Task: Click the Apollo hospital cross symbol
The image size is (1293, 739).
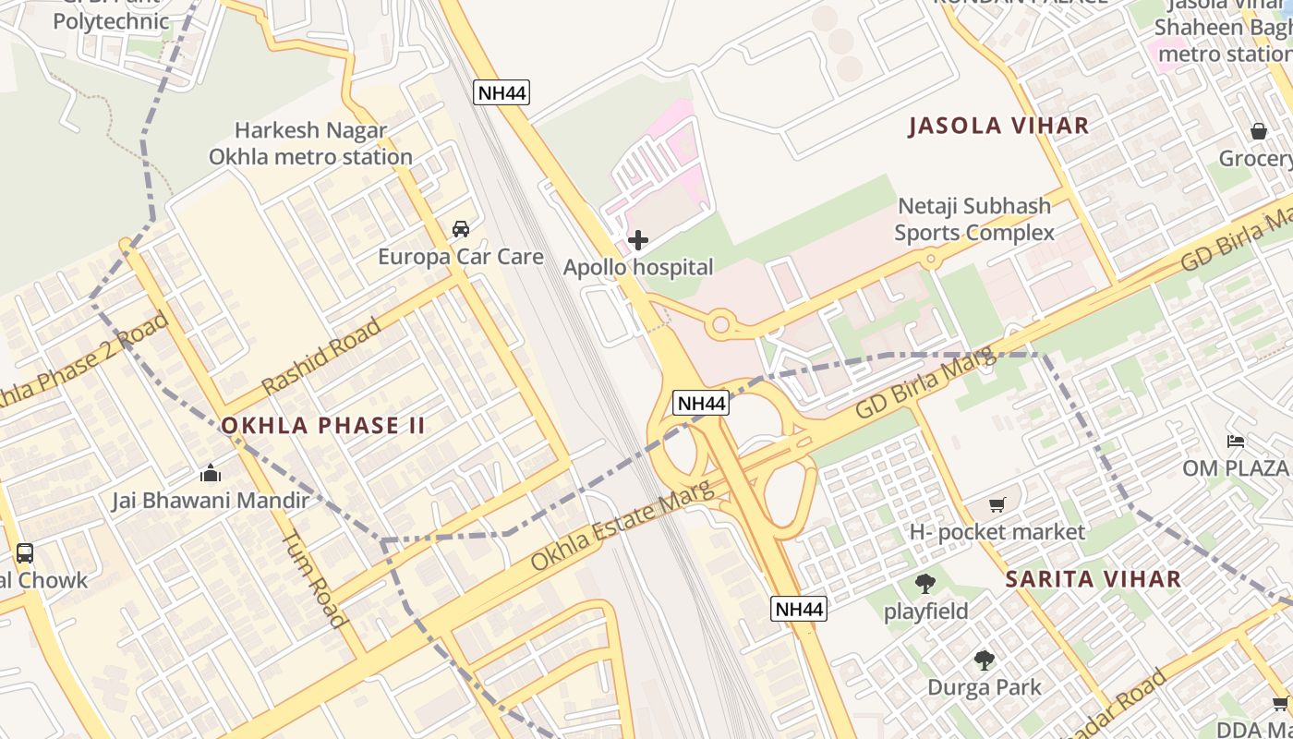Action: [x=637, y=241]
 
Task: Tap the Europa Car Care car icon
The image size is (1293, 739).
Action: [x=460, y=228]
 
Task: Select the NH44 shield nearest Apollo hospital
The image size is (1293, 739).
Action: [x=501, y=92]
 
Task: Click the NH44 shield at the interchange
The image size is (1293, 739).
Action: [x=702, y=403]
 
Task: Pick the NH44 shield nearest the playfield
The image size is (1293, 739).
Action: [x=799, y=609]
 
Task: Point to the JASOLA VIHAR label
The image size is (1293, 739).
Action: [x=998, y=126]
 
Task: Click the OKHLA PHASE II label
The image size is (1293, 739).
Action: [x=323, y=426]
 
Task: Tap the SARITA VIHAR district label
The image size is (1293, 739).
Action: [x=1093, y=579]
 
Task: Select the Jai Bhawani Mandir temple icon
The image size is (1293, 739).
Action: [x=210, y=473]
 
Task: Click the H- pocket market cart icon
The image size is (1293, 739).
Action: [x=997, y=504]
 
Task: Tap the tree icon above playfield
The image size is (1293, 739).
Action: [x=924, y=584]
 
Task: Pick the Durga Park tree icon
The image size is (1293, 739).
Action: [x=984, y=660]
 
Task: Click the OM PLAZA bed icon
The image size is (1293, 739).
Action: [x=1235, y=441]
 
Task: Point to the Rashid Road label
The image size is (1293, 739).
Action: [x=320, y=357]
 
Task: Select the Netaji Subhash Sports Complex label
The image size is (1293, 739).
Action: [x=973, y=219]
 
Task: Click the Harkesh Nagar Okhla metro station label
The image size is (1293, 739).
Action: [x=310, y=143]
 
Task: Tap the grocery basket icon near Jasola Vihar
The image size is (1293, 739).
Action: [x=1258, y=131]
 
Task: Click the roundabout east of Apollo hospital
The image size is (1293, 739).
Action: [x=720, y=324]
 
